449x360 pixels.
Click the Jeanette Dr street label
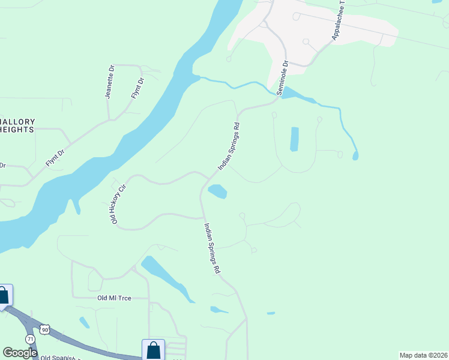[109, 86]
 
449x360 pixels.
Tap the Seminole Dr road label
[282, 77]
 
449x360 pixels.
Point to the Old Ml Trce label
[114, 298]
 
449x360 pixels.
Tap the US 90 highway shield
[45, 329]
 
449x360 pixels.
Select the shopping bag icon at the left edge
[4, 295]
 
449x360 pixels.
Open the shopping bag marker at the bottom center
[153, 350]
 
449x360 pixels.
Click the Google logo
[20, 352]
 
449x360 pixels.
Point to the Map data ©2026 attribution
[423, 355]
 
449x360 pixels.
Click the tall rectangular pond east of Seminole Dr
[295, 139]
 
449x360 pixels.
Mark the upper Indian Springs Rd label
[229, 147]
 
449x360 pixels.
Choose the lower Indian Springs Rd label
[211, 248]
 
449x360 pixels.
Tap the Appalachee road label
[340, 24]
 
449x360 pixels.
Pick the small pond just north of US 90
[85, 322]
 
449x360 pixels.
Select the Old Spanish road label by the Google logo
[60, 358]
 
